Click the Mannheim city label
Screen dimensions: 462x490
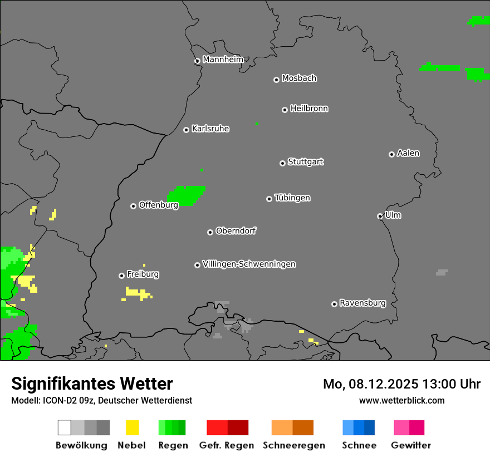[223, 60]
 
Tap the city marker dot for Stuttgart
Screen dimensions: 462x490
[282, 163]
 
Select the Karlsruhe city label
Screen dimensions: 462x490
[210, 129]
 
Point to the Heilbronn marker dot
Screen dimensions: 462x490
[285, 110]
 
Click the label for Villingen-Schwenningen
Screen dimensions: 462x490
[249, 264]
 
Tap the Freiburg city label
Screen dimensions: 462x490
[143, 274]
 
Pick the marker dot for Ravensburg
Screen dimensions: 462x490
[334, 304]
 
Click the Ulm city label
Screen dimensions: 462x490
[393, 215]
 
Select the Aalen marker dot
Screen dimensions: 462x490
[391, 154]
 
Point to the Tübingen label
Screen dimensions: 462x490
[292, 198]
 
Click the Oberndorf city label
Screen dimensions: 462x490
[236, 231]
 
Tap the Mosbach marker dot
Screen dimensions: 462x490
[276, 80]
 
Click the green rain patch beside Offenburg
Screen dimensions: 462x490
[188, 195]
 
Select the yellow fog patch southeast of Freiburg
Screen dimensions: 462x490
[138, 293]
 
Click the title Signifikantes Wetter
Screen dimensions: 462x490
[92, 384]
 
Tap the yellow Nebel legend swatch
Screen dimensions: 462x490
[133, 427]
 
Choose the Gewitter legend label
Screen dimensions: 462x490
[411, 445]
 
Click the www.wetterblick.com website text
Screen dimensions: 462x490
[401, 400]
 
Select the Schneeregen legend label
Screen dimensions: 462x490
[293, 445]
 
